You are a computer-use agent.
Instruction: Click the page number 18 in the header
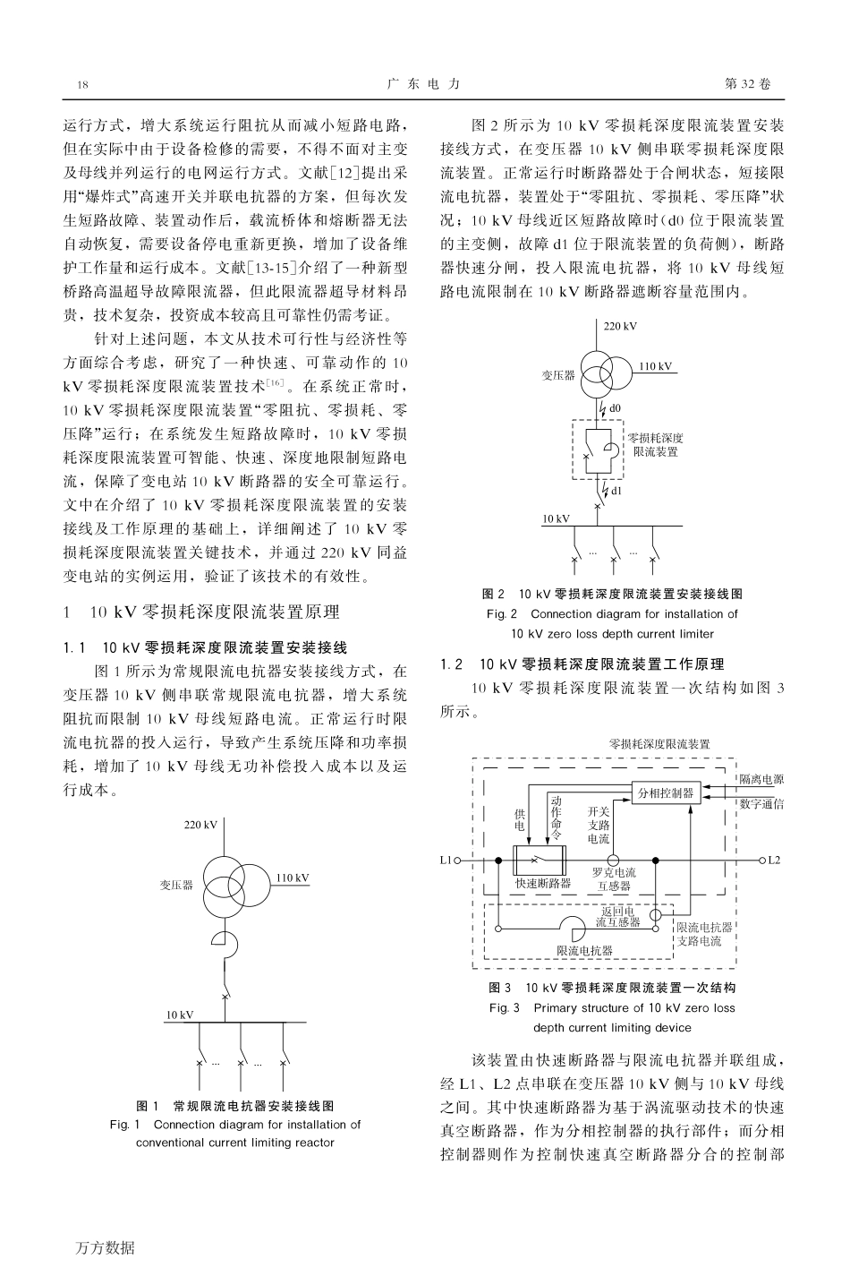pyautogui.click(x=83, y=84)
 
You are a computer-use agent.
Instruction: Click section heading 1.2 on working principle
pyautogui.click(x=582, y=664)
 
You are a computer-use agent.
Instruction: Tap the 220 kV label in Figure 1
pyautogui.click(x=200, y=824)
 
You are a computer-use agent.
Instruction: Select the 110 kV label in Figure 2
pyautogui.click(x=655, y=366)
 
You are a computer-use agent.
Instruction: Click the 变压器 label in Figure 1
pyautogui.click(x=176, y=885)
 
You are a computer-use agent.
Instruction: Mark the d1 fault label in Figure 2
pyautogui.click(x=616, y=491)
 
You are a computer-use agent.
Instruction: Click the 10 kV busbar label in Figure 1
pyautogui.click(x=179, y=1015)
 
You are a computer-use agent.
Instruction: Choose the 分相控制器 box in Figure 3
pyautogui.click(x=665, y=793)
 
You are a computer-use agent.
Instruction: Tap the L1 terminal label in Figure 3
pyautogui.click(x=446, y=860)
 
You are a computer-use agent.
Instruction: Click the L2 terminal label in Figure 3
pyautogui.click(x=774, y=860)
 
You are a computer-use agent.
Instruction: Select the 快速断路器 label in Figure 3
pyautogui.click(x=543, y=883)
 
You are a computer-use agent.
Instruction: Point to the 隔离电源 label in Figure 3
pyautogui.click(x=761, y=780)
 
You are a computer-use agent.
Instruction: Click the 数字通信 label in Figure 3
pyautogui.click(x=761, y=804)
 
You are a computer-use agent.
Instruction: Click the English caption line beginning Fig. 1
pyautogui.click(x=234, y=1124)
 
